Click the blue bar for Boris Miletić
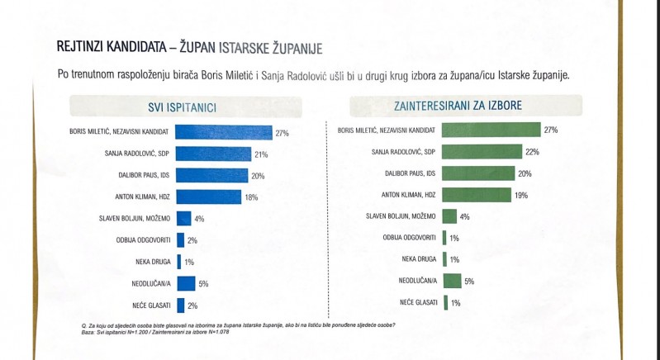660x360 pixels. pos(224,132)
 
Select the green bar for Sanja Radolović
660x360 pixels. pos(482,152)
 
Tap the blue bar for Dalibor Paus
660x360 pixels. pos(212,175)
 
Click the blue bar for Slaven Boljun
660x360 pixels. pos(183,218)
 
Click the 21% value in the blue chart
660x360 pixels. pos(263,154)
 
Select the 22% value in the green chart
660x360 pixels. pos(533,152)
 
